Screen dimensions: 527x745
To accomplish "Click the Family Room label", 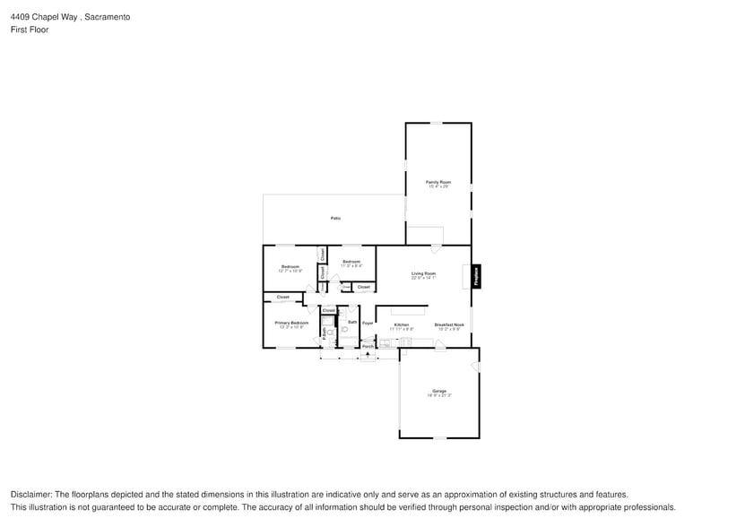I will pos(438,182).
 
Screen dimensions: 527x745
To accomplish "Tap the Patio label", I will pos(335,218).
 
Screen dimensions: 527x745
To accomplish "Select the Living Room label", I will pos(423,273).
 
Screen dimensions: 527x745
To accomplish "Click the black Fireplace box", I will pos(476,276).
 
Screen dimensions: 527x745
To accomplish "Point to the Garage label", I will pos(439,392).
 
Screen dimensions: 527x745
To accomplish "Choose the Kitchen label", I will pos(401,325).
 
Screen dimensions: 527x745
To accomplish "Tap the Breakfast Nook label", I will pos(449,325).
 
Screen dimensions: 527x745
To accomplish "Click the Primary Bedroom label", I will pos(291,324).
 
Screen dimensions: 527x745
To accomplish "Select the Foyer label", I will pos(368,323).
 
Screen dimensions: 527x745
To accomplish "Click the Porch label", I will pos(368,346).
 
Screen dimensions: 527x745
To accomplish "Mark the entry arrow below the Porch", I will pos(368,355).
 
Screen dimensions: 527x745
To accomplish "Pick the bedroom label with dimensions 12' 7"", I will pos(290,267).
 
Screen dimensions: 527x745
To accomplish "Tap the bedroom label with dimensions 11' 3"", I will pos(351,263).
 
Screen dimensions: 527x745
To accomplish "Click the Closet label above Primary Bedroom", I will pos(282,297).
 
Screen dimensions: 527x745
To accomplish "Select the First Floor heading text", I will pos(30,30).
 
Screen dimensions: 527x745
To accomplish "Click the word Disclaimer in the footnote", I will pos(31,495).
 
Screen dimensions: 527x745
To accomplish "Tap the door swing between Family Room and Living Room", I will pos(436,248).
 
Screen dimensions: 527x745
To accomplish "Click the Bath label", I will pos(352,322).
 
